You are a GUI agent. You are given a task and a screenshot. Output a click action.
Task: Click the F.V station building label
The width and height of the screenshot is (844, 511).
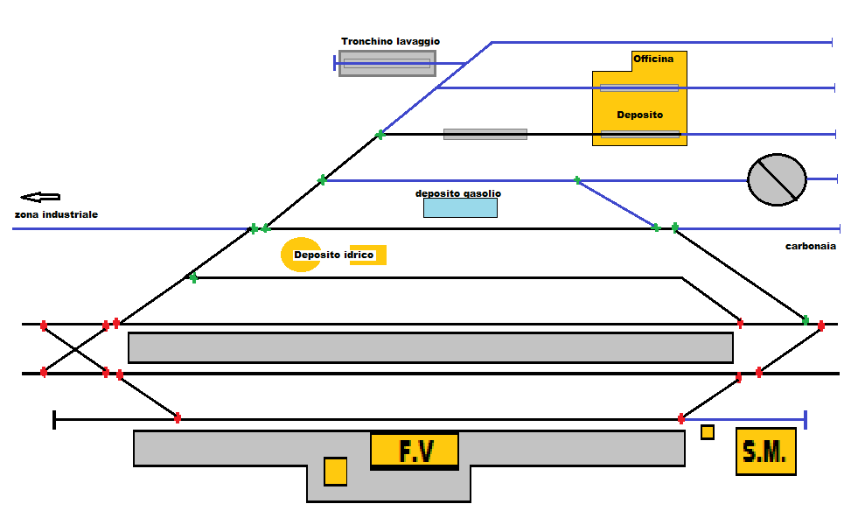[x=415, y=451]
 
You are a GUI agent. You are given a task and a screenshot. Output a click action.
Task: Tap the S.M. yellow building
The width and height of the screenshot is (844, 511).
[x=766, y=451]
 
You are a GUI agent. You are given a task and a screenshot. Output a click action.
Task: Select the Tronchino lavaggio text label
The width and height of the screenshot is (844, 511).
[x=390, y=41]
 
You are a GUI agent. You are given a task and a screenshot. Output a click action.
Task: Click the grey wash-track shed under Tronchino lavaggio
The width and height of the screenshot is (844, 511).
[x=387, y=63]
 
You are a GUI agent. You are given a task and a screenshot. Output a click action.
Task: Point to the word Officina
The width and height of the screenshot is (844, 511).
[x=653, y=59]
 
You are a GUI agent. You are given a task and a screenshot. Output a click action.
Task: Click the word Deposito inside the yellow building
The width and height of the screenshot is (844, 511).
[x=639, y=115]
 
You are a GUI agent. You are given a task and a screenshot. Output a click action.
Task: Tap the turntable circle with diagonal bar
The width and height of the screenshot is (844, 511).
[x=777, y=179]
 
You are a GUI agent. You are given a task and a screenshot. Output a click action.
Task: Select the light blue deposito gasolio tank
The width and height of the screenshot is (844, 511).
[x=460, y=208]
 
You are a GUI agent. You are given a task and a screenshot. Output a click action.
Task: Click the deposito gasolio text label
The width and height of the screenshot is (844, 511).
[x=458, y=193]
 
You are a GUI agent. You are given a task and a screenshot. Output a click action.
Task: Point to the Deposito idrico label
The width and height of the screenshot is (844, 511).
[x=333, y=255]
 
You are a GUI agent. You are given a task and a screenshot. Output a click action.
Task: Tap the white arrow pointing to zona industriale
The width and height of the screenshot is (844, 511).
[x=40, y=198]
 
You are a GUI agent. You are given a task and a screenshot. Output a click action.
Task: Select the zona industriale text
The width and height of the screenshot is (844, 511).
[x=56, y=214]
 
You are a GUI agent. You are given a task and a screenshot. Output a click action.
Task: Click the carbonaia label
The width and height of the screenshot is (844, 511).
[x=811, y=247]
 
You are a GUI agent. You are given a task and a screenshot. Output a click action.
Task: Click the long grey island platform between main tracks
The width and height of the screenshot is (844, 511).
[x=430, y=347]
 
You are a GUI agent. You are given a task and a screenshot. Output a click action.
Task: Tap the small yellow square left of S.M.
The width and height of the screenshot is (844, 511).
[x=708, y=432]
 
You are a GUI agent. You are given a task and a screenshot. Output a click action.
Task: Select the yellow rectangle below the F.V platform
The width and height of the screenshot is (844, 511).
[x=335, y=471]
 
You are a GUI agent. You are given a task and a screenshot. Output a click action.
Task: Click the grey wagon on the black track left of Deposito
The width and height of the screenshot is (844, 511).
[x=485, y=135]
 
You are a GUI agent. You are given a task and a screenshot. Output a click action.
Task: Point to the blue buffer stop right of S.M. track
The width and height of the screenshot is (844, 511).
[x=805, y=419]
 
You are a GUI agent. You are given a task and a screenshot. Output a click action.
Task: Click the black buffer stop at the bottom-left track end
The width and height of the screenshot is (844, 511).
[x=54, y=420]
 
